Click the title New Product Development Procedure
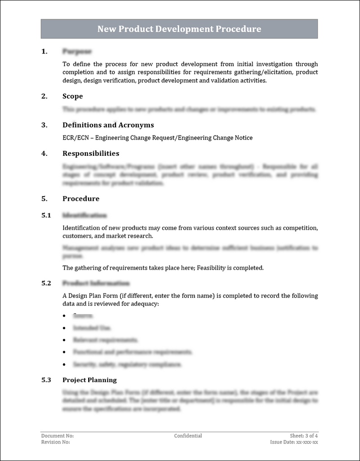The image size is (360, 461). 179,29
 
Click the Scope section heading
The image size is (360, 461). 72,96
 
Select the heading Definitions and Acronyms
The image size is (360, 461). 108,125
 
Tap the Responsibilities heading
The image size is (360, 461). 91,154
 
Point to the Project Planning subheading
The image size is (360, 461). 90,380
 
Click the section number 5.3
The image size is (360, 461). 46,380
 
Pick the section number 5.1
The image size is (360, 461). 46,215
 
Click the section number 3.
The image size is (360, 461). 44,125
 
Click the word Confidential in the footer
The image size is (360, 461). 188,436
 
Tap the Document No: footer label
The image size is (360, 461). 57,436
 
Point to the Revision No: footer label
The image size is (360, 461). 55,442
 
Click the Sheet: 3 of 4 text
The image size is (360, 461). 304,436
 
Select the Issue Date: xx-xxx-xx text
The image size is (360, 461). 294,442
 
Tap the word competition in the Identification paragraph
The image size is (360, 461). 300,228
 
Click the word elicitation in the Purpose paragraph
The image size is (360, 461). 277,72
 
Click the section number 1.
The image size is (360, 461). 44,51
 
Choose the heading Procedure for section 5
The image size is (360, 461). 81,199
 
